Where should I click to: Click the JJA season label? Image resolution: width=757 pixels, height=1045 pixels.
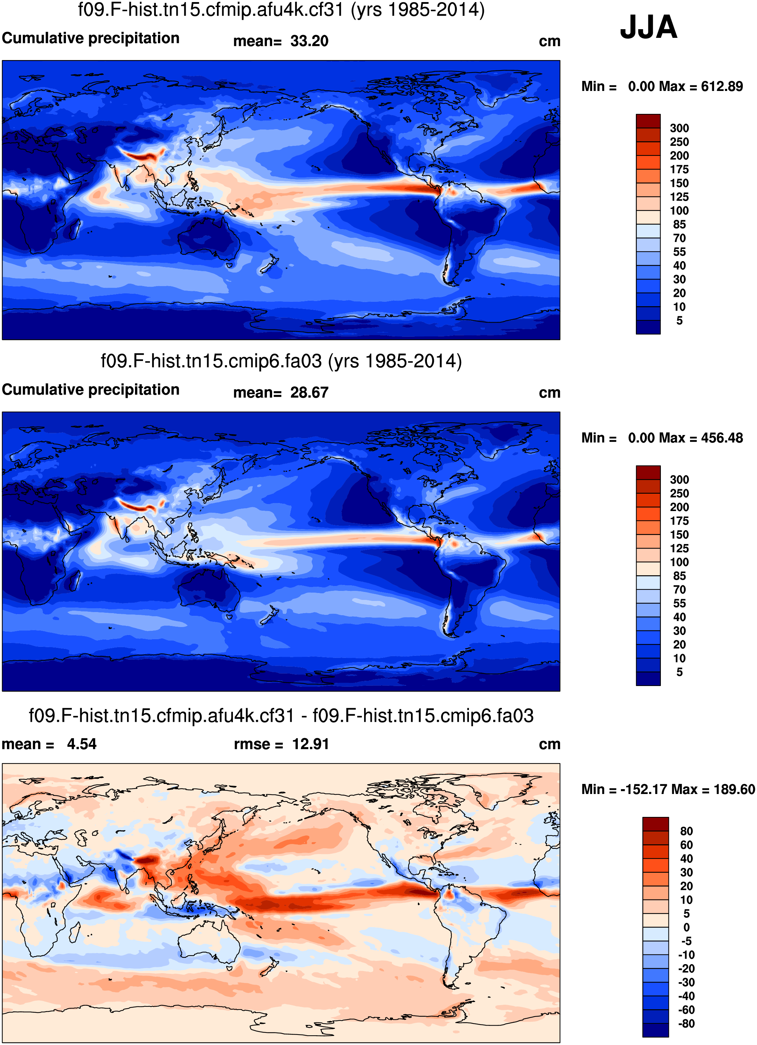(648, 28)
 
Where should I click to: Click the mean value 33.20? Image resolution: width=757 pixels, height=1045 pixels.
(309, 41)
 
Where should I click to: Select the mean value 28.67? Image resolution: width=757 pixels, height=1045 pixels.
(309, 393)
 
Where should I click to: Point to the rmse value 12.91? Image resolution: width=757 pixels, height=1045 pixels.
(311, 744)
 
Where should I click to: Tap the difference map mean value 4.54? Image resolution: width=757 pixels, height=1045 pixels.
(82, 744)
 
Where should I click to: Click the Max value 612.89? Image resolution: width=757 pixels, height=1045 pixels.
(722, 87)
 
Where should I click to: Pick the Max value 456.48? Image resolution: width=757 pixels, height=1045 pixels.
(722, 438)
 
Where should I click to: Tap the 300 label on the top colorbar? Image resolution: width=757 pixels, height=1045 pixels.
(679, 128)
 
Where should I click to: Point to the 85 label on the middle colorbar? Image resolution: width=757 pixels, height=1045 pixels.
(679, 576)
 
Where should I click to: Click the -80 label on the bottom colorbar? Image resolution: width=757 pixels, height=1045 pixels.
(686, 1024)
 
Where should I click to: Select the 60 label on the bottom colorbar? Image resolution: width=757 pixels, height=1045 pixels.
(686, 845)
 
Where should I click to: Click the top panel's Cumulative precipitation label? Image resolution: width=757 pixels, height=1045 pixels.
(91, 38)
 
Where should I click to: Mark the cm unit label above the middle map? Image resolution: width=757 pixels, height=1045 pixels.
(549, 393)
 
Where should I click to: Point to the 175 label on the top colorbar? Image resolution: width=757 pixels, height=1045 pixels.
(679, 169)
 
